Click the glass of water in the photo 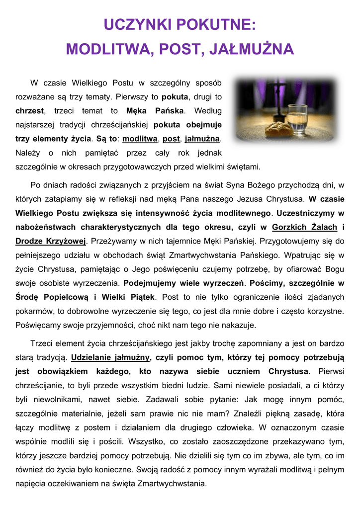tap(297, 119)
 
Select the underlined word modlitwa tap(140, 138)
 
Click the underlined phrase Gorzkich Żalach tap(305, 227)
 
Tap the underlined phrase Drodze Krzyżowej tap(51, 241)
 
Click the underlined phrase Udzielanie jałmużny tap(110, 357)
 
